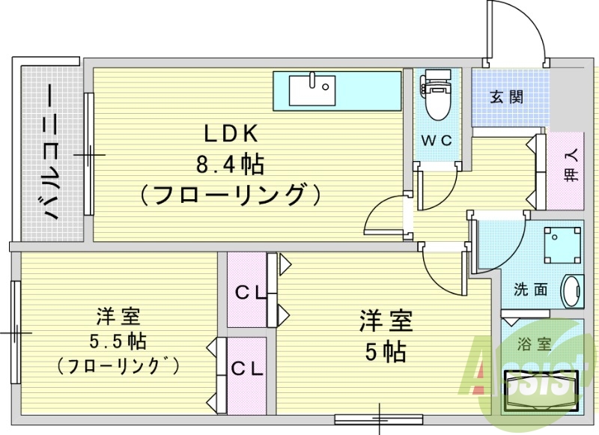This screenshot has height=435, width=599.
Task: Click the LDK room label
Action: tap(231, 134)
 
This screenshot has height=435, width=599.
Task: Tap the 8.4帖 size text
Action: tap(231, 163)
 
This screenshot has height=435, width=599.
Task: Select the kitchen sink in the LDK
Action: tap(311, 91)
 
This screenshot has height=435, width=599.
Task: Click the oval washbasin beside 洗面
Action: tap(572, 290)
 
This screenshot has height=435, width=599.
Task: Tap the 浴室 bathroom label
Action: tap(534, 345)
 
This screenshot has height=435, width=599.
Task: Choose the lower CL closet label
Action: tap(246, 368)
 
